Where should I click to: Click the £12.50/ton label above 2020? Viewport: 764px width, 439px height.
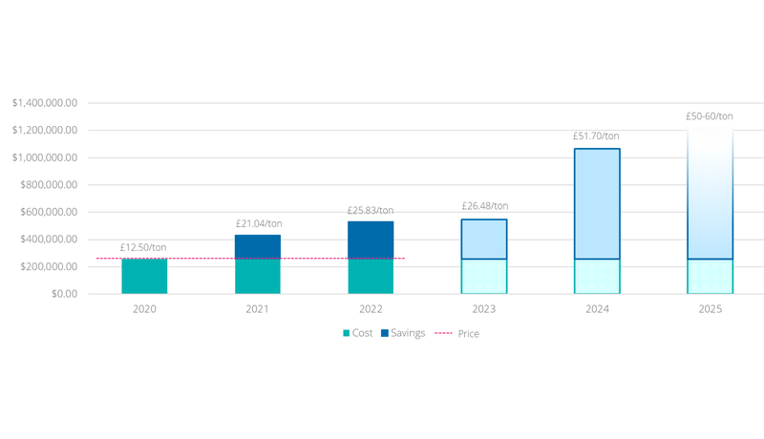click(x=144, y=248)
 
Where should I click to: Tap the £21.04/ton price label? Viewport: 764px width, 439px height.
click(x=258, y=224)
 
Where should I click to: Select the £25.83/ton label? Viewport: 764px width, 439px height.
click(x=371, y=211)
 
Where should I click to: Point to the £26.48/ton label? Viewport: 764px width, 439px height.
click(x=484, y=206)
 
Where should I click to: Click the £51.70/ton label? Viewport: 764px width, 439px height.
click(x=597, y=136)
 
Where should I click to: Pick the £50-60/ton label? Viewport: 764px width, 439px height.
click(x=710, y=116)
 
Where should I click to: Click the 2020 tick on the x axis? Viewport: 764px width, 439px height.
click(x=144, y=309)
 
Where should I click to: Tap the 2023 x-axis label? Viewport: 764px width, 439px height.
click(x=484, y=309)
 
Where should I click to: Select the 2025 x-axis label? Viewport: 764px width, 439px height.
click(x=710, y=309)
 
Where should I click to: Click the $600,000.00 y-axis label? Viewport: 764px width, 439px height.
click(x=48, y=212)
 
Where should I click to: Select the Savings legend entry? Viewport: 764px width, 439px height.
click(x=407, y=333)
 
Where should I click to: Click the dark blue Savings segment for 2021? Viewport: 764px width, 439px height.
click(x=258, y=246)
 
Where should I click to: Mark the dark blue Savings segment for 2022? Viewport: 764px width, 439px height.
click(x=371, y=240)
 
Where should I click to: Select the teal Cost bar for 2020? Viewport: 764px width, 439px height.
click(x=144, y=276)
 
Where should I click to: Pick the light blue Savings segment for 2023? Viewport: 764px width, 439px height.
click(x=484, y=239)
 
